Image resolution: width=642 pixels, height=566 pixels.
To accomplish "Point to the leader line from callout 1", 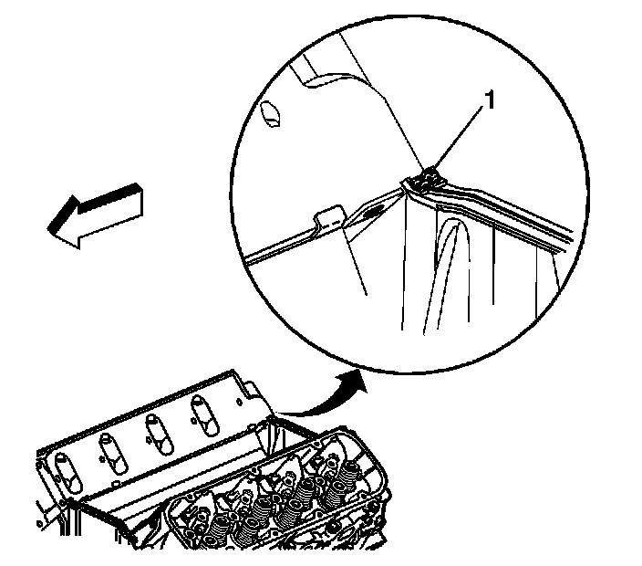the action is click(461, 138).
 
